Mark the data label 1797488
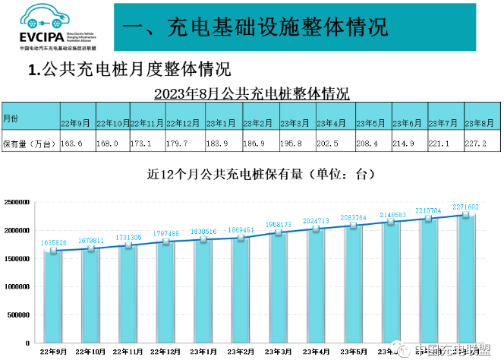point(165,234)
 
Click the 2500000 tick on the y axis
point(16,202)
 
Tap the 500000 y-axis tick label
point(18,314)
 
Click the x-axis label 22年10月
point(90,351)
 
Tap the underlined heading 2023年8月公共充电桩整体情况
point(251,94)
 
